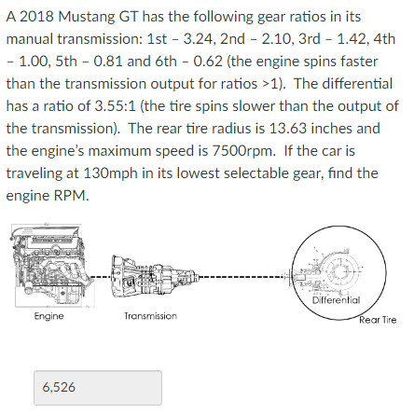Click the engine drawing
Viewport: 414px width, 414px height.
[x=49, y=271]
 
